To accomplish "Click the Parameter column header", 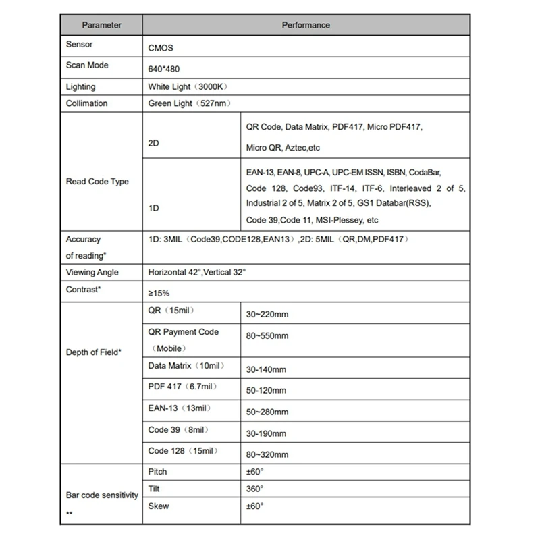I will tap(101, 25).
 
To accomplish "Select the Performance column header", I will tap(306, 25).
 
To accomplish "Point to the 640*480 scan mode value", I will tap(163, 69).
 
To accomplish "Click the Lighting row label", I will tap(81, 87).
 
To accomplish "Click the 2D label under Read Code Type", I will tap(153, 144).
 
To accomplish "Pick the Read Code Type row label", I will tap(97, 182).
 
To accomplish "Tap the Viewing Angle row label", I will tap(92, 272).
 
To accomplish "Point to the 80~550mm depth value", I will tap(268, 335).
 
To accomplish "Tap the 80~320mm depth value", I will tap(268, 455).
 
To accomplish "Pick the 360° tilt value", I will tap(255, 489).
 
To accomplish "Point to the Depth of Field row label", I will tap(94, 352).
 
